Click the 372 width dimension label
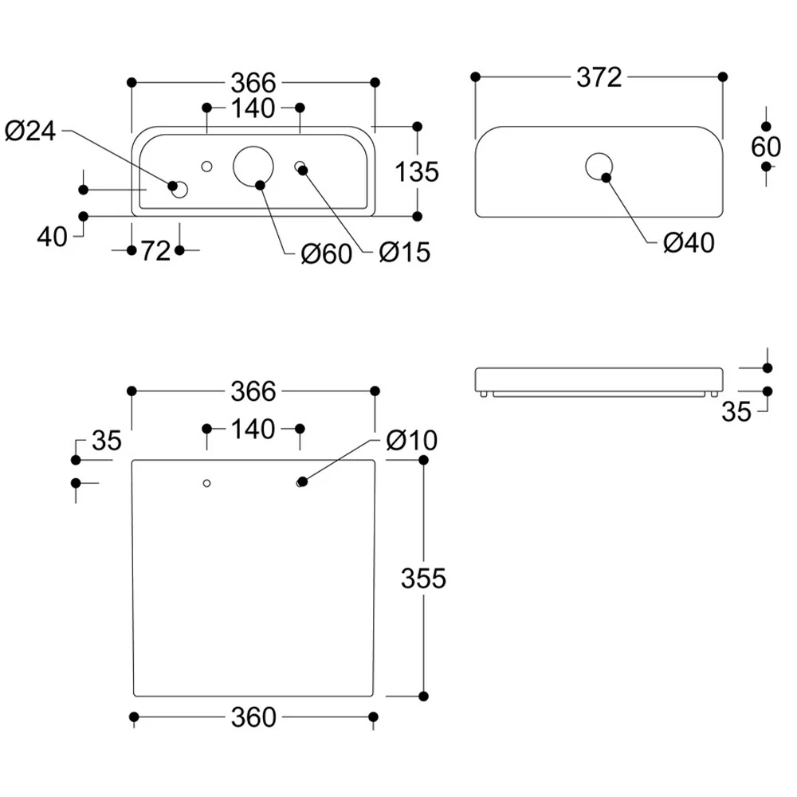(599, 77)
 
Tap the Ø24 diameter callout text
(30, 132)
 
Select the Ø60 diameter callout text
(326, 253)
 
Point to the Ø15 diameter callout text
(405, 253)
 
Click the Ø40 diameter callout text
(689, 243)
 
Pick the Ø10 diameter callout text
(412, 440)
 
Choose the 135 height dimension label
(417, 172)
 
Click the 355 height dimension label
(423, 579)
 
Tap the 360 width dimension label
(253, 717)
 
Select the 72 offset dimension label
(155, 251)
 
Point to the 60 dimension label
(765, 147)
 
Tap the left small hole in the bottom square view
(206, 483)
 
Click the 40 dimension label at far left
(52, 237)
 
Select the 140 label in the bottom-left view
(253, 430)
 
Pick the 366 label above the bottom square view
(253, 391)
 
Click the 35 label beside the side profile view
(736, 412)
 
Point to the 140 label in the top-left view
(253, 108)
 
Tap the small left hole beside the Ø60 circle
(206, 167)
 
